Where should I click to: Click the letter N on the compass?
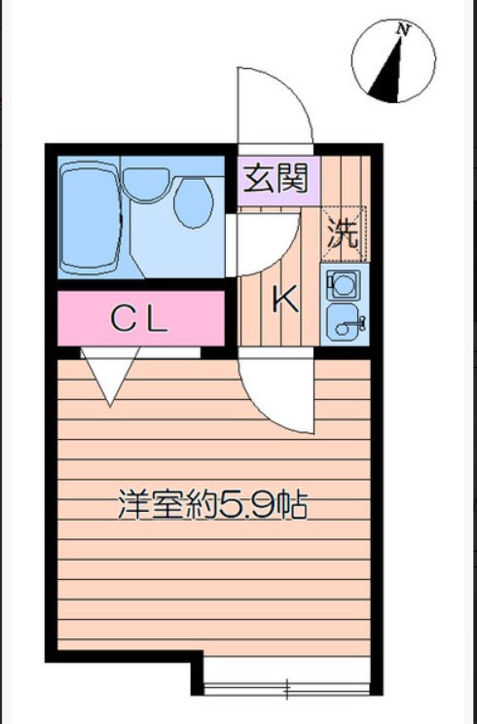402,30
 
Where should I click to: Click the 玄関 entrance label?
275,178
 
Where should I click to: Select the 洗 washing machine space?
342,232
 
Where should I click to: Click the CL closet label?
139,318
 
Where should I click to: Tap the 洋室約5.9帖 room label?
212,506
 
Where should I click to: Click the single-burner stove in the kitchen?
344,284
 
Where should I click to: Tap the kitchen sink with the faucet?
344,323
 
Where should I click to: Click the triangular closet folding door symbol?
110,375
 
